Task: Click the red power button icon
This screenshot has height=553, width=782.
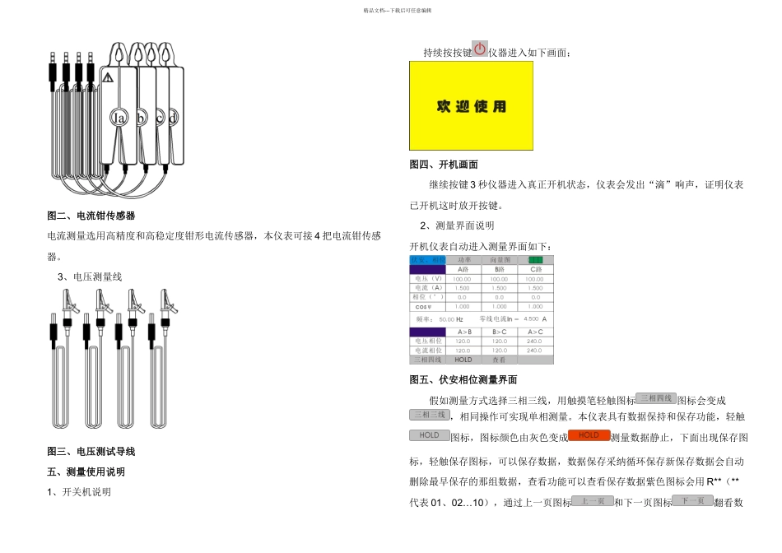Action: click(480, 49)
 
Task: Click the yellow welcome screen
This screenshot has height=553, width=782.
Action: click(471, 105)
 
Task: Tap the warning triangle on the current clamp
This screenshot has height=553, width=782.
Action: click(107, 77)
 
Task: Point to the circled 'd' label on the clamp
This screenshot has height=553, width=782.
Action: click(173, 118)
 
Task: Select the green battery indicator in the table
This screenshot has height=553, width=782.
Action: click(535, 260)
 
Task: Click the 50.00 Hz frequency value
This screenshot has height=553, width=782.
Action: click(449, 318)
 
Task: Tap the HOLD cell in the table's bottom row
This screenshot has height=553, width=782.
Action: click(463, 360)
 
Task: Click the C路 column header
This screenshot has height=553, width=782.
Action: click(535, 269)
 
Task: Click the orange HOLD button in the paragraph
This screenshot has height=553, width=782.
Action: click(589, 435)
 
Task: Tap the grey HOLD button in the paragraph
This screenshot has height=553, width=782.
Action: click(430, 435)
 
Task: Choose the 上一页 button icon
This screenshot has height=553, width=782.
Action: click(593, 500)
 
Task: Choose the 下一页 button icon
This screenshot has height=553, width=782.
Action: click(693, 500)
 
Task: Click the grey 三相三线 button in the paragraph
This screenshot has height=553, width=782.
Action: click(430, 415)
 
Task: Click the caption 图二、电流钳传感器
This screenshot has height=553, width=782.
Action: click(91, 216)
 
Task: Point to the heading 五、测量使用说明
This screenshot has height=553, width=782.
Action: click(86, 472)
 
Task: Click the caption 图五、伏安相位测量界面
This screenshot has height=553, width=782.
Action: click(463, 379)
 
